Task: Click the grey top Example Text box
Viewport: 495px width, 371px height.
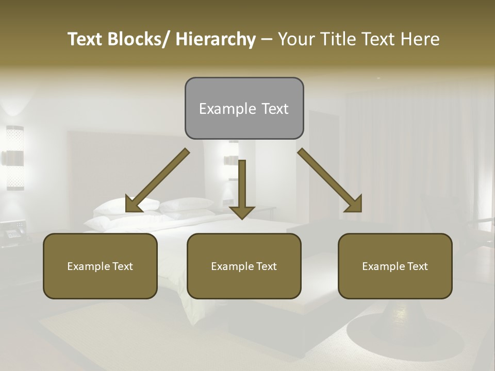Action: pyautogui.click(x=244, y=108)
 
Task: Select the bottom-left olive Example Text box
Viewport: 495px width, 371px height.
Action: pyautogui.click(x=100, y=266)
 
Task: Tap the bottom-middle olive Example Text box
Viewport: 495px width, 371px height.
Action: pyautogui.click(x=244, y=266)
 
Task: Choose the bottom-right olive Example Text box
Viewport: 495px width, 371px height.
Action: pyautogui.click(x=395, y=266)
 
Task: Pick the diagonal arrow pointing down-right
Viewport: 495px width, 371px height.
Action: pyautogui.click(x=331, y=181)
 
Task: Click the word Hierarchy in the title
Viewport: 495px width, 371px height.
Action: pyautogui.click(x=216, y=39)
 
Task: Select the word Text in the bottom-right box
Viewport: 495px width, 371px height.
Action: pyautogui.click(x=417, y=266)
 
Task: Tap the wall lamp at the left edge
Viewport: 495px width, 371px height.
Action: pyautogui.click(x=14, y=157)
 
